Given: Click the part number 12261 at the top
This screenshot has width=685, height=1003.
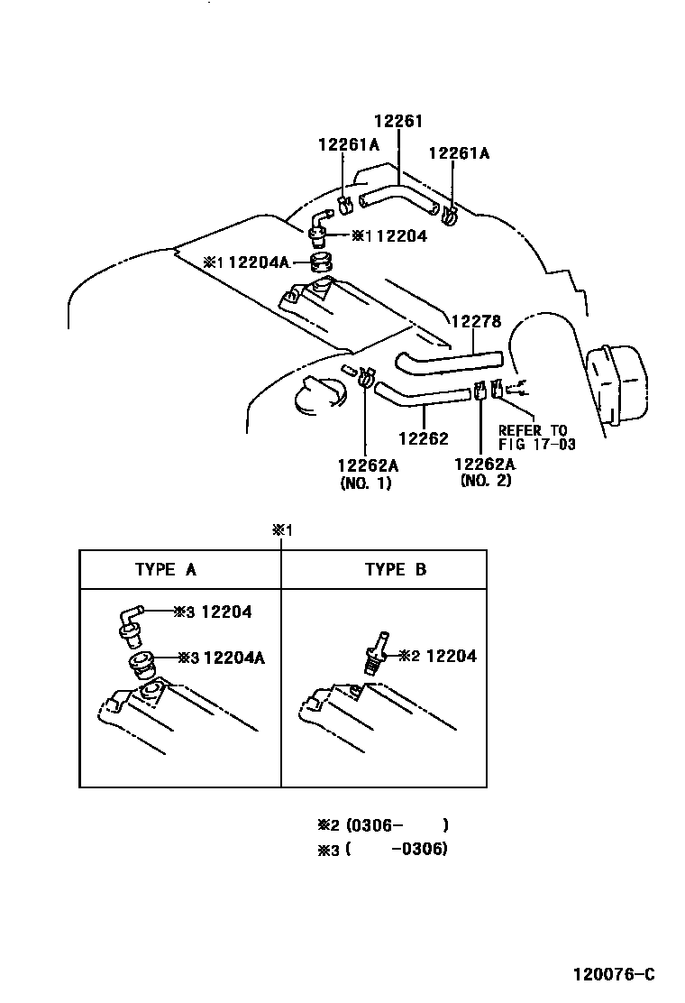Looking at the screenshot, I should click(398, 122).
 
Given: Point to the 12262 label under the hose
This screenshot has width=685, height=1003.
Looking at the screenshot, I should click(423, 439).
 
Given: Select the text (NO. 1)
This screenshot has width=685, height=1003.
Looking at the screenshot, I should click(367, 483).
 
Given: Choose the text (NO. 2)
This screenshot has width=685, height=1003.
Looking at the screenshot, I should click(485, 483).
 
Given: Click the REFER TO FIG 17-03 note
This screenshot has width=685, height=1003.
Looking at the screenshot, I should click(536, 437).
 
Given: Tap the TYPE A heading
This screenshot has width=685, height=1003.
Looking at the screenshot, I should click(166, 569).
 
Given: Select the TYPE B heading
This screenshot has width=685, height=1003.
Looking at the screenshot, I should click(396, 569).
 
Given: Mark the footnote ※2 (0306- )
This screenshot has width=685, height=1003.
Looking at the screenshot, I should click(382, 824).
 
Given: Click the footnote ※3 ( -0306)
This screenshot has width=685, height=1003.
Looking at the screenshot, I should click(382, 850).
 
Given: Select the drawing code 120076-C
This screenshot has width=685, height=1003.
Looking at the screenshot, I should click(613, 974).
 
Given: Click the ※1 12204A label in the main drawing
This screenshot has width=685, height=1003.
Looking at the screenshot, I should click(246, 262).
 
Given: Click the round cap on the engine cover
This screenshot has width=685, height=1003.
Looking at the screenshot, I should click(317, 399).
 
